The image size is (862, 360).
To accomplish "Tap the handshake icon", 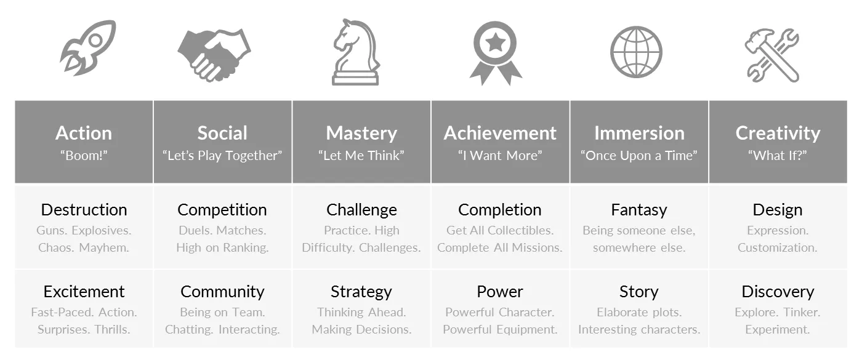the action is tap(214, 55).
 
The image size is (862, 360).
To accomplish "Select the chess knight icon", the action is tap(356, 52).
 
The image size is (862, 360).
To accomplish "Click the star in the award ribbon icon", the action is tap(495, 42).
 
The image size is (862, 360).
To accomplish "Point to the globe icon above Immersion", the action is tap(637, 52).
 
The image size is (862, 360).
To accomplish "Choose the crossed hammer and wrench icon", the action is tap(772, 55).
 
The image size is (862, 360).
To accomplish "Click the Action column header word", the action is tap(84, 133).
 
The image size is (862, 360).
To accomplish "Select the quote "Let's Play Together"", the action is tap(222, 155).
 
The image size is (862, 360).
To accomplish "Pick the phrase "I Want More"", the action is tap(500, 155).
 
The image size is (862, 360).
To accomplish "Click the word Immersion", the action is tap(639, 133).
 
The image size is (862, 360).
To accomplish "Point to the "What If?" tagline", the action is tap(777, 155).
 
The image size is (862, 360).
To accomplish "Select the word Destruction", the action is tap(84, 210).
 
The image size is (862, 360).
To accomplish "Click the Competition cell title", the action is tap(222, 210).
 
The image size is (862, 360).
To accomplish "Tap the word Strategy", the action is tap(361, 292).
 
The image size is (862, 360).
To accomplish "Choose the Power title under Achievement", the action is tap(500, 292).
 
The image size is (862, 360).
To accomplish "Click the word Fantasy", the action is tap(639, 210).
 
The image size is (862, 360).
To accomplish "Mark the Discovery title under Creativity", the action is tap(778, 292).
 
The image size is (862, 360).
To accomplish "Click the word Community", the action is tap(222, 292).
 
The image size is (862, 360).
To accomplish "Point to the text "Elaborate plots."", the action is tap(639, 313).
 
